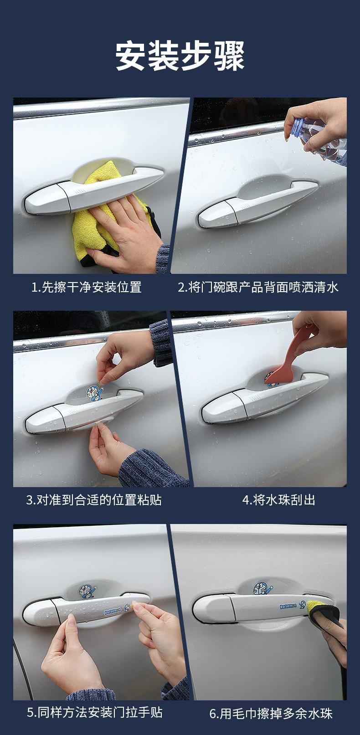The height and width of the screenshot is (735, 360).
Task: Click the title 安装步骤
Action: tap(180, 56)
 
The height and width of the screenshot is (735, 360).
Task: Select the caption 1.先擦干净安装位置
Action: tap(86, 288)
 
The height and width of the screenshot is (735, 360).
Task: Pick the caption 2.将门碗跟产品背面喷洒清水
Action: tap(258, 288)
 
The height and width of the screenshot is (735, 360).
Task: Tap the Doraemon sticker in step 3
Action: tap(94, 393)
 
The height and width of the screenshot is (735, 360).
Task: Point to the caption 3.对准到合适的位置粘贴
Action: tap(94, 500)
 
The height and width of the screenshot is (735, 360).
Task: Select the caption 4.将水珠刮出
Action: tap(278, 500)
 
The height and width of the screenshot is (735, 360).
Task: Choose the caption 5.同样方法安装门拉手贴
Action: tap(94, 713)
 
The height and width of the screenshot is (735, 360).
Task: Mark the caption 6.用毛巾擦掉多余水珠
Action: tap(271, 713)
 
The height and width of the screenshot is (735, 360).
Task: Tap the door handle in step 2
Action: tap(257, 203)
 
